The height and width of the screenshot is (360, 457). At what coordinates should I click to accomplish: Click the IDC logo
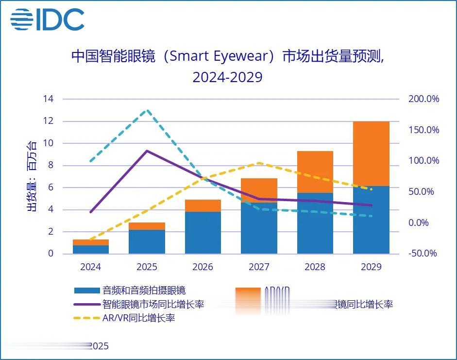click(x=47, y=20)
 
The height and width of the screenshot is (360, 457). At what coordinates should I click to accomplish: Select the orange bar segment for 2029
click(x=371, y=154)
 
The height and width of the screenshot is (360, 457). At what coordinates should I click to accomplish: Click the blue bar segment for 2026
click(x=203, y=232)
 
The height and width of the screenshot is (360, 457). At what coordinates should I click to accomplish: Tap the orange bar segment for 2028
click(x=315, y=171)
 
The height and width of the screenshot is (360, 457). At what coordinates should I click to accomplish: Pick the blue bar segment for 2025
click(x=147, y=241)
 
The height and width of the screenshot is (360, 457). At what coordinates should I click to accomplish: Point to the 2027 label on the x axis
click(x=259, y=267)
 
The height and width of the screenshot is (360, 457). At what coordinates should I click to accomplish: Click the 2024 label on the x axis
click(x=91, y=267)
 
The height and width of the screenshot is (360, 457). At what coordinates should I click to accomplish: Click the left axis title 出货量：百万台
click(x=32, y=176)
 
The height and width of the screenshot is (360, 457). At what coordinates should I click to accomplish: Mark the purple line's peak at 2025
click(x=147, y=151)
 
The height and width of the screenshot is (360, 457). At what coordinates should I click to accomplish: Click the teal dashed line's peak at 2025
click(x=147, y=110)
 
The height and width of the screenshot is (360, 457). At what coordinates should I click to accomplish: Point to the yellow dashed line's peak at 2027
click(x=259, y=163)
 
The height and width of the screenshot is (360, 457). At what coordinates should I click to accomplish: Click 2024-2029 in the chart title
click(x=227, y=77)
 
